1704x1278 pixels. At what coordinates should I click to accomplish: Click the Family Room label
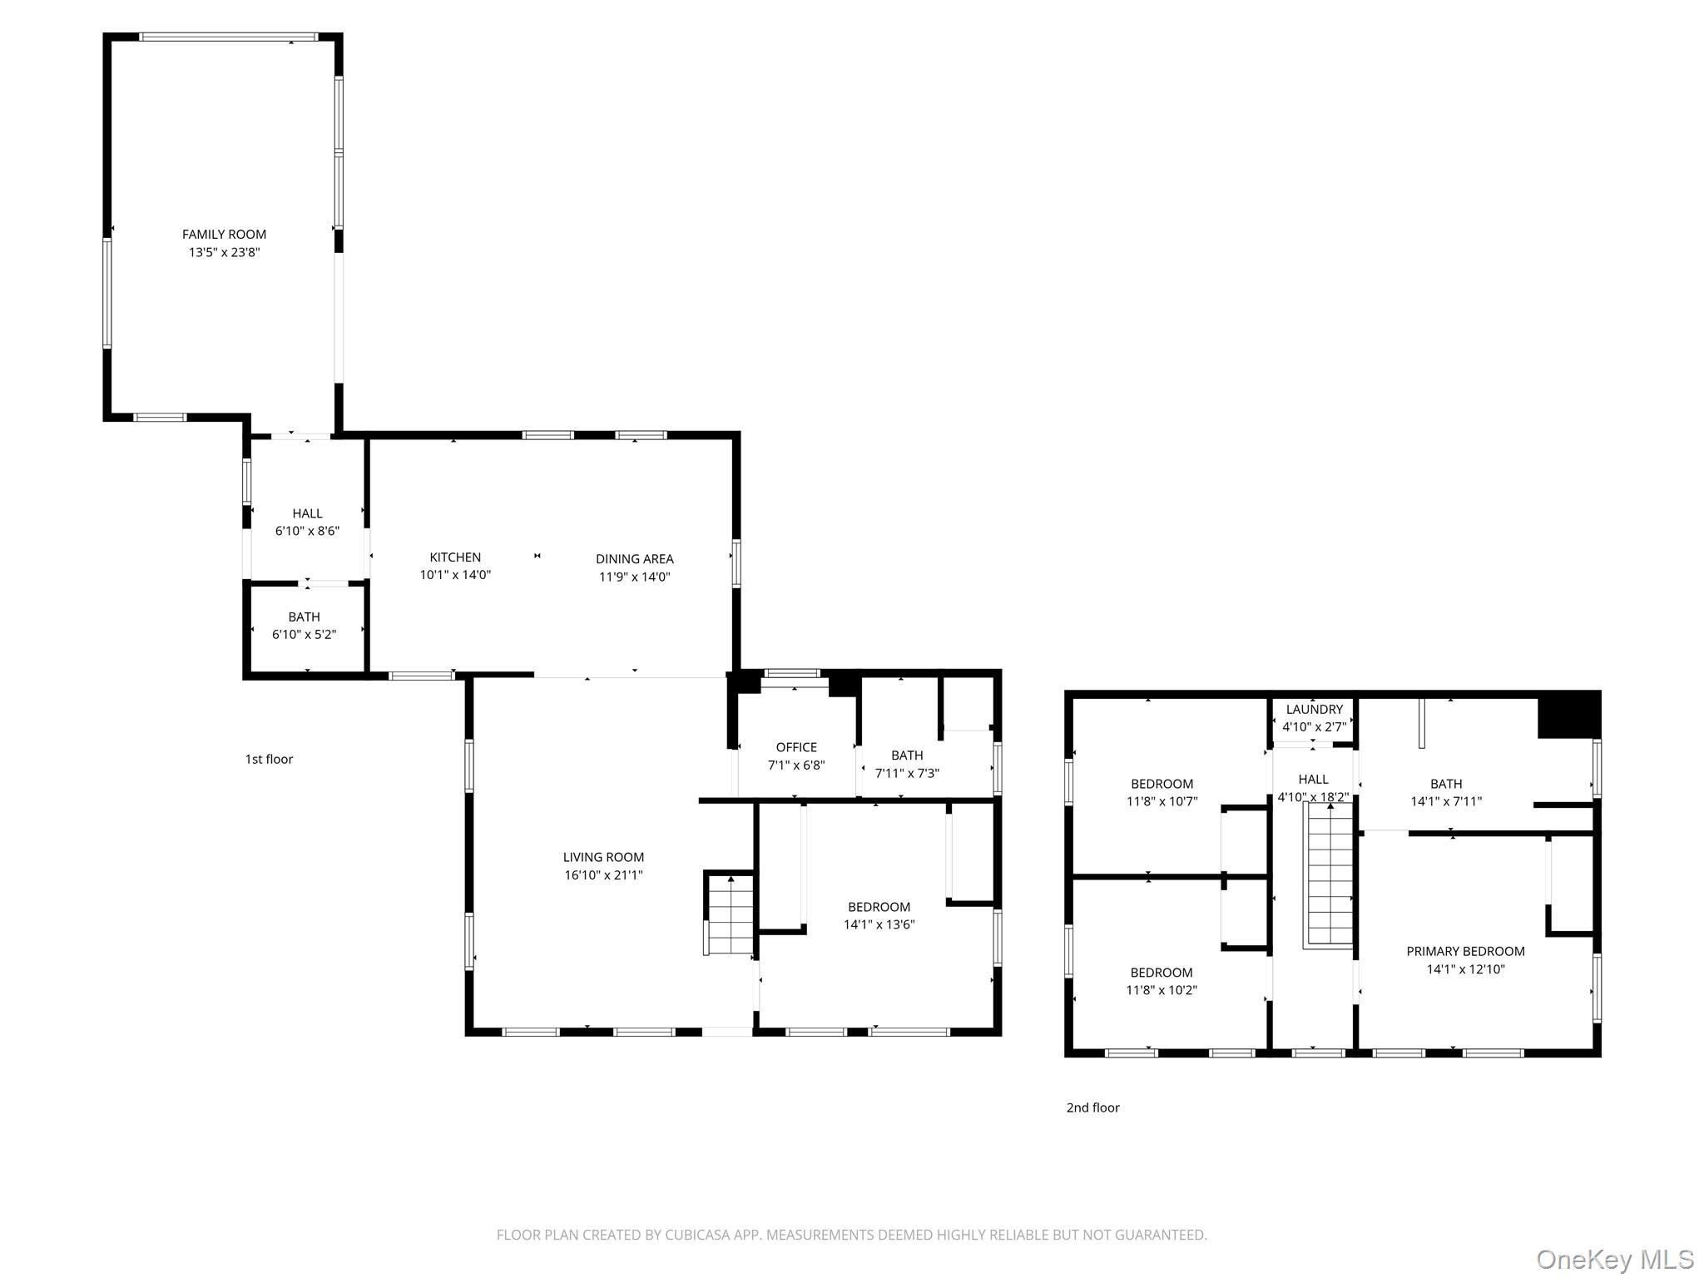(x=224, y=235)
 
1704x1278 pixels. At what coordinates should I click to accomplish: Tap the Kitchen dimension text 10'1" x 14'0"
(x=455, y=575)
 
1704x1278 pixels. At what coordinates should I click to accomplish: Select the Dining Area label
(x=634, y=559)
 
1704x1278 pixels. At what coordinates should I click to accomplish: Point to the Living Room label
(x=603, y=857)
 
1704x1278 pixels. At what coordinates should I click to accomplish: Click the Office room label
(x=796, y=747)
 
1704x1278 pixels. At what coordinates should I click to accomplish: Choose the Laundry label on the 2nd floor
(x=1314, y=710)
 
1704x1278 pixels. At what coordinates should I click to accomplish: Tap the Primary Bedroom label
(x=1465, y=951)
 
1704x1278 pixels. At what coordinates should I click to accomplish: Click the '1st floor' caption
(x=269, y=759)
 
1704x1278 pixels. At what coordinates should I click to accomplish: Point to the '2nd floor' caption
(x=1092, y=1107)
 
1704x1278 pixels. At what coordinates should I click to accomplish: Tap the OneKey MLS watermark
(x=1614, y=1260)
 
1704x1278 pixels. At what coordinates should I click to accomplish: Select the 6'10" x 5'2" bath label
(x=304, y=626)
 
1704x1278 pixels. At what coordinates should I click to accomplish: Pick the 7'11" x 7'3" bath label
(x=907, y=764)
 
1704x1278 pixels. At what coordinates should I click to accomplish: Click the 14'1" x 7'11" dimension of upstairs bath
(x=1446, y=802)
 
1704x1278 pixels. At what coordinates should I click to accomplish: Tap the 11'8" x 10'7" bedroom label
(x=1162, y=793)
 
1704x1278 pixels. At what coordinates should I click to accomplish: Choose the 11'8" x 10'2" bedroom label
(x=1162, y=981)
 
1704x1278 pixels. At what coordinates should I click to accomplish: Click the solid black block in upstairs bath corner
(x=1568, y=716)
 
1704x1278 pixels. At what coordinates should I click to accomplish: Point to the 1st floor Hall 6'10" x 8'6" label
(x=307, y=523)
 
